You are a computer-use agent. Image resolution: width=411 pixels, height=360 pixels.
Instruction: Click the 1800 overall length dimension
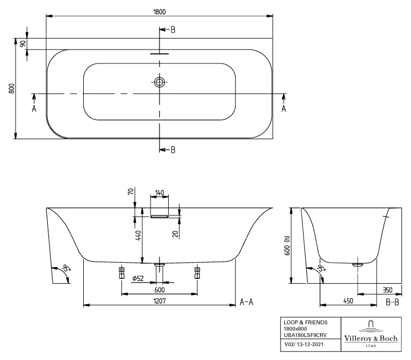[159, 12]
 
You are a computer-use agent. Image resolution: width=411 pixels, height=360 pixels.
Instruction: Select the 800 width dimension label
[11, 89]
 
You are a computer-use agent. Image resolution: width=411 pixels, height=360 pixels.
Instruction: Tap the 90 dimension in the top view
[23, 44]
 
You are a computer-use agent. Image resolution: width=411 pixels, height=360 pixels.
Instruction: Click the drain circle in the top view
[159, 82]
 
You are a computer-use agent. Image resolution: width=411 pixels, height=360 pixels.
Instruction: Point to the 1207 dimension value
[160, 301]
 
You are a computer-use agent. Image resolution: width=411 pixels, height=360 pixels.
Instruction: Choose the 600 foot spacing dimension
[160, 290]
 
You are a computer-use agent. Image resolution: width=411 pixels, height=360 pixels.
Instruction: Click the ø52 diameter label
[138, 278]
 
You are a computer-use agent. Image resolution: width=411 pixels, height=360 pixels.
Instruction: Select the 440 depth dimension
[139, 235]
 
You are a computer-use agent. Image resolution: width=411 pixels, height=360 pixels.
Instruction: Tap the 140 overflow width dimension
[160, 193]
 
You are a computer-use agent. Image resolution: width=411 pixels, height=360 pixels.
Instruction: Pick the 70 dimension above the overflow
[131, 191]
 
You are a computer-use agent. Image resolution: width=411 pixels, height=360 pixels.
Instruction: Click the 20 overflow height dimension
[175, 234]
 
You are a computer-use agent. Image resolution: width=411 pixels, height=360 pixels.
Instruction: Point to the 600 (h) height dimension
[287, 246]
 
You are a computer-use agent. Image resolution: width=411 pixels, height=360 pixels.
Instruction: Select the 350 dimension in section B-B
[387, 290]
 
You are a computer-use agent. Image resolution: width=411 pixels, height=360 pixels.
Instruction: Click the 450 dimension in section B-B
[348, 301]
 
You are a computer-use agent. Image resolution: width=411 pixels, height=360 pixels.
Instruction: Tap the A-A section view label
[247, 302]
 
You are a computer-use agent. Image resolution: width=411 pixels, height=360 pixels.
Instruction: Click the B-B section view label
[392, 303]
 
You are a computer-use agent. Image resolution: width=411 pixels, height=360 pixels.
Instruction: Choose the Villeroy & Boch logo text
[371, 339]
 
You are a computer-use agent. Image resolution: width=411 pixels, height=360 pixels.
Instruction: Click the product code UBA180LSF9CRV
[305, 335]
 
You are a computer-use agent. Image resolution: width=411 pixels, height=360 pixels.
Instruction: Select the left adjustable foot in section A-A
[121, 273]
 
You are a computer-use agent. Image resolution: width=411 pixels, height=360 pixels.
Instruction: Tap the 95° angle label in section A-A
[66, 268]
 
